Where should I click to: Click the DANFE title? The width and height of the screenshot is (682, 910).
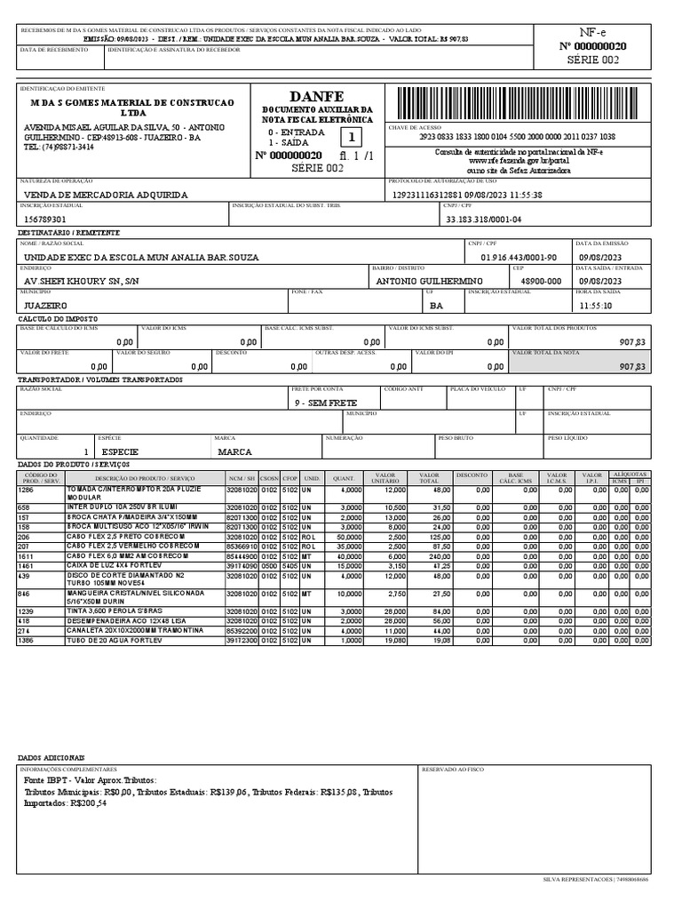tap(315, 96)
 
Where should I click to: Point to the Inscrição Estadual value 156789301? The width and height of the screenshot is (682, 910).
tap(45, 219)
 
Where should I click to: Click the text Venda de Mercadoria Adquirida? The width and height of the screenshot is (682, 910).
tap(105, 195)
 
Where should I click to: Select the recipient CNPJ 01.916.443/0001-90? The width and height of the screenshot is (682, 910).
tap(519, 257)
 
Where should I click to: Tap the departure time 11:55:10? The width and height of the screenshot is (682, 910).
tap(595, 305)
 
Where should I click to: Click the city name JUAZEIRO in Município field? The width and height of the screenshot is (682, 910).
tap(45, 305)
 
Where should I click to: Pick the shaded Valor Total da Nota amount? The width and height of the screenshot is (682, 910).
tap(632, 366)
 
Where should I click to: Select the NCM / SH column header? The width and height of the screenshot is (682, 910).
tap(241, 479)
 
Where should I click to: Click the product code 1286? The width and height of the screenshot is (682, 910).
tap(26, 490)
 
